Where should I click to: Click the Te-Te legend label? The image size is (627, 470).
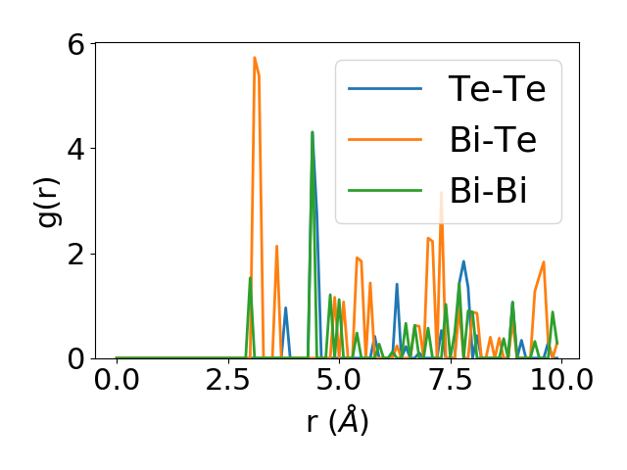497,89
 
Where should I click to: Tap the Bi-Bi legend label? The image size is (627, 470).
489,191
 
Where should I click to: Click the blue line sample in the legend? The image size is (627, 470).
385,89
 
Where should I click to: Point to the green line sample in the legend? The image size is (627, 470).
385,191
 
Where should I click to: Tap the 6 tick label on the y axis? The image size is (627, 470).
75,44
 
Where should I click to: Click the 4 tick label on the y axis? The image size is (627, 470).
75,149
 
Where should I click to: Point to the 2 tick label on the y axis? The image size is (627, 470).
75,254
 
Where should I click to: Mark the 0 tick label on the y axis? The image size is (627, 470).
75,359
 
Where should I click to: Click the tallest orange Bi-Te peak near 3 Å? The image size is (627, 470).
255,58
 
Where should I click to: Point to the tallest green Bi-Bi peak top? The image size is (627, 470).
313,132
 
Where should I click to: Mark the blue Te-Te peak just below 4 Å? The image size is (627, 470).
285,307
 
